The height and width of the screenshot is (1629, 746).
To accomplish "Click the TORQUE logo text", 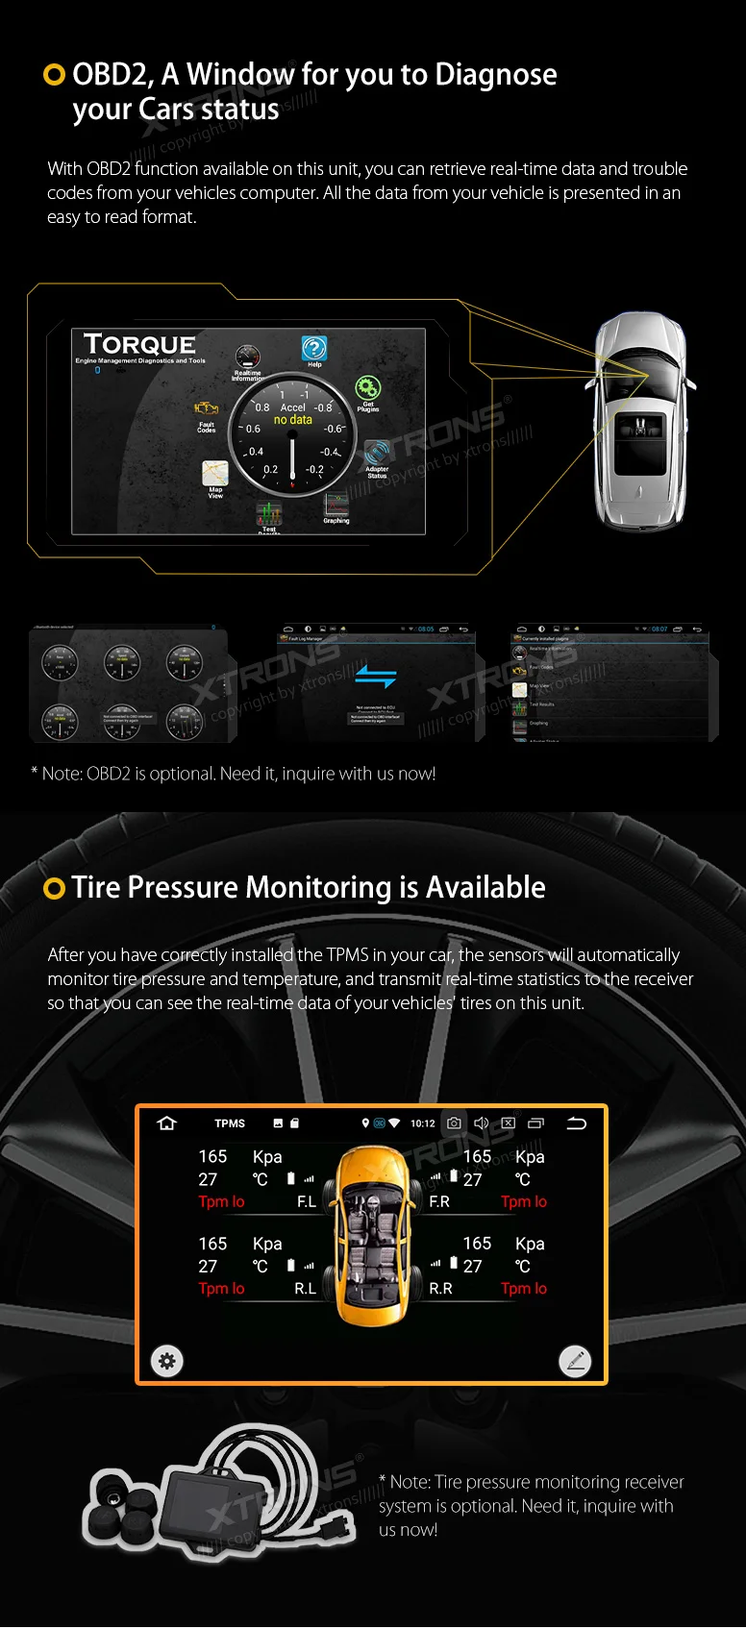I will [x=139, y=344].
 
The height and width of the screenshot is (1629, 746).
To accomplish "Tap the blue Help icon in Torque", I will [x=314, y=348].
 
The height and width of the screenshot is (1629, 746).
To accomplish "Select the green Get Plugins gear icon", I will [x=367, y=388].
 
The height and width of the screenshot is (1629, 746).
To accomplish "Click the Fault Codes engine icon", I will [x=207, y=409].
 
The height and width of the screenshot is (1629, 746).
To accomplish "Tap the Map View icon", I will [x=215, y=473].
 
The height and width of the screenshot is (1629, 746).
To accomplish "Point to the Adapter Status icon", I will [x=377, y=452].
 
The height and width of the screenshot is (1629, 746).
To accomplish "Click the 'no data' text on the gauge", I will [x=293, y=420].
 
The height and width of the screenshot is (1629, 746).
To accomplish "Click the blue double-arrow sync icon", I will [x=375, y=677].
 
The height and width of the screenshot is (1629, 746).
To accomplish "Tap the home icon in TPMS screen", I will [x=167, y=1123].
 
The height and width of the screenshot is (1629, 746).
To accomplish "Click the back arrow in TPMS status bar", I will [x=577, y=1123].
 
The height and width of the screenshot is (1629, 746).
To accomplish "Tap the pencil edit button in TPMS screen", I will [x=575, y=1361].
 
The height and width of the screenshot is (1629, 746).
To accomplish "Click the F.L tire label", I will [x=307, y=1202].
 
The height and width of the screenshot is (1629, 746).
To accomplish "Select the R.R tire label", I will [x=440, y=1289].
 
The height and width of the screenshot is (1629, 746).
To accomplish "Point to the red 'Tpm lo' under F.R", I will [x=524, y=1202].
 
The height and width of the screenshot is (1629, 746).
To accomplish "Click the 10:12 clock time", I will [x=423, y=1123].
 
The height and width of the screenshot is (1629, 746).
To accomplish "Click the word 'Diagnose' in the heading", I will [x=496, y=74].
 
